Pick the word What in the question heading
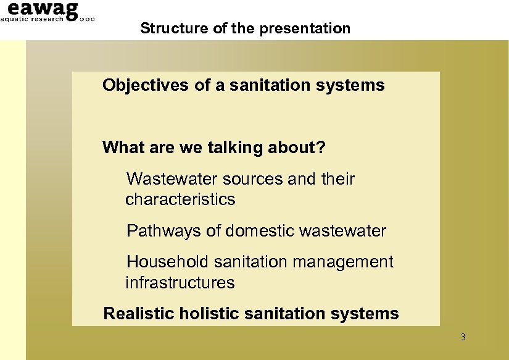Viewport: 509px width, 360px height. (x=120, y=148)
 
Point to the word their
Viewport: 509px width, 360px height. (x=338, y=179)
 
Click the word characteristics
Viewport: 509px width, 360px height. (x=180, y=199)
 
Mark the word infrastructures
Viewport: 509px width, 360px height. (x=180, y=283)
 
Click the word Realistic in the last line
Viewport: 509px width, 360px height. (x=139, y=314)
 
